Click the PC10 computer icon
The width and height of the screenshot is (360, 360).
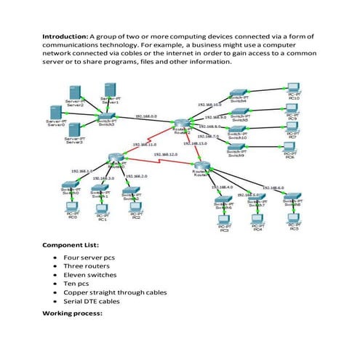pyautogui.click(x=294, y=88)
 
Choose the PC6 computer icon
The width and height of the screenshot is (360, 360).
pyautogui.click(x=289, y=145)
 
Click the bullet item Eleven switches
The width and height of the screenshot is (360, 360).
pyautogui.click(x=89, y=275)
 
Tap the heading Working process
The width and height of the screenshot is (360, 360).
pyautogui.click(x=73, y=313)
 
